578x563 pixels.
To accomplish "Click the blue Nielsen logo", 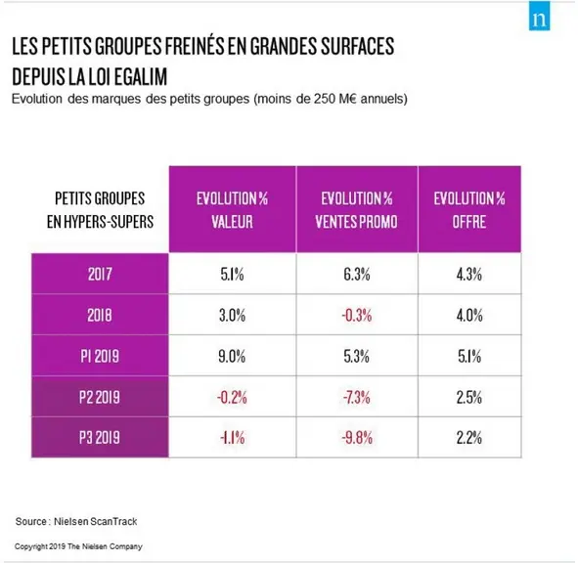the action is coord(539,16).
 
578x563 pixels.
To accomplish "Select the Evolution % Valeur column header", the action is coord(232,209).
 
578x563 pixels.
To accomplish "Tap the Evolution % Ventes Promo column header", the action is coord(357,209).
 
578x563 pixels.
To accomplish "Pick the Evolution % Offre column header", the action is coord(469,209).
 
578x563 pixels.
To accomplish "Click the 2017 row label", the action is coord(100,274).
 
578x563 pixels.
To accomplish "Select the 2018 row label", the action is coord(100,315).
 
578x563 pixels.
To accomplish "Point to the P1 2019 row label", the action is coord(100,356).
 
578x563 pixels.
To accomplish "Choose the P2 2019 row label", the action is coord(100,397).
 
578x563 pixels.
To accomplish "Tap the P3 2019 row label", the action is coord(100,437).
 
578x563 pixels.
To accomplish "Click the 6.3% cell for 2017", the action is coord(357,274).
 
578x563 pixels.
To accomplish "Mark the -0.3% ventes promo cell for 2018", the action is coord(357,316).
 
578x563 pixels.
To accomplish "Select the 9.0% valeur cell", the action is coord(232,357).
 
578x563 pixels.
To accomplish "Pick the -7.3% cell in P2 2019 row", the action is coord(357,398).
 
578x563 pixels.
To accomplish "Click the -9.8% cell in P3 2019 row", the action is coord(357,438).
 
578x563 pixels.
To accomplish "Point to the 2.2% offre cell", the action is coord(469,438).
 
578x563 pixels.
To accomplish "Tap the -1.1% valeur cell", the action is coord(232,438).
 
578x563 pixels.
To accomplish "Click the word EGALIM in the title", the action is coord(141,76).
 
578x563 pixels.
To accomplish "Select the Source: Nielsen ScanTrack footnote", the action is coord(76,521).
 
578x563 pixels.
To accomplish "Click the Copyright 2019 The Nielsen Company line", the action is coord(78,546).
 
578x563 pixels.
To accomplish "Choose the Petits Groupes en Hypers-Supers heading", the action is coord(100,209).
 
